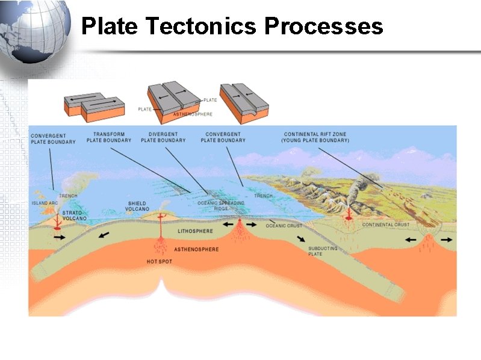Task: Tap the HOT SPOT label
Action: [x=159, y=262]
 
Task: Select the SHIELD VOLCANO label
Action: [x=137, y=206]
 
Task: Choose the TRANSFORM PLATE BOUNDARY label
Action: [x=108, y=137]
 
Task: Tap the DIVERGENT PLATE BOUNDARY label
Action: [x=163, y=137]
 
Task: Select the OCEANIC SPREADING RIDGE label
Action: [x=221, y=205]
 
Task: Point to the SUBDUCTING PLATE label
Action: [x=323, y=251]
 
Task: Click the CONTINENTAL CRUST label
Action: [x=386, y=225]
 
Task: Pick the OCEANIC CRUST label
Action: [x=282, y=226]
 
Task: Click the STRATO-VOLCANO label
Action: [x=72, y=216]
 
